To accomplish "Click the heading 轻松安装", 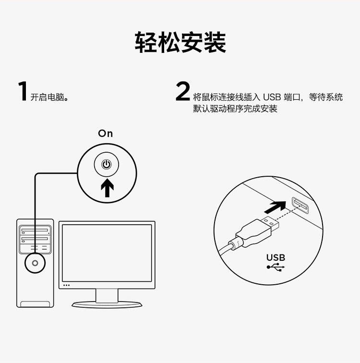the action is [180, 42].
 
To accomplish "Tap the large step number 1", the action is [23, 91].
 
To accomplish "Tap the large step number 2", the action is [183, 91].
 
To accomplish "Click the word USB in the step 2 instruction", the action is [272, 97].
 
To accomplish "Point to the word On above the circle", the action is [106, 133].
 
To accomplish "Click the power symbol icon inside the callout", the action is [107, 165].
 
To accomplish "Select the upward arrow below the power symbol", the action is [107, 188].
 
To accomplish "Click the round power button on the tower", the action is [35, 263].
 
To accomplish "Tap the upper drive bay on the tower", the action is [35, 230].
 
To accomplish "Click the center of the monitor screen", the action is [107, 253].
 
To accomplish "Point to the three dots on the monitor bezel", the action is [66, 285].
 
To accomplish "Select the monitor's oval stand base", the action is [107, 304].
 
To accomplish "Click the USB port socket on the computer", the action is [300, 206].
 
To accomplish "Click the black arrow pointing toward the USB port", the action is [275, 207].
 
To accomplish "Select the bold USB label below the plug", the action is [276, 257].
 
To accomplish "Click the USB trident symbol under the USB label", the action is [276, 267].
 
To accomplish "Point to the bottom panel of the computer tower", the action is [35, 304].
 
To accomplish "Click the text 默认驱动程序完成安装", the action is [235, 109].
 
